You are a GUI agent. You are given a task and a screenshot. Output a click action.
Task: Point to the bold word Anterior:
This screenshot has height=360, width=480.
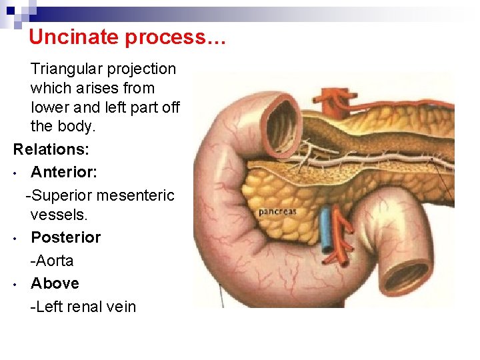coord(64,172)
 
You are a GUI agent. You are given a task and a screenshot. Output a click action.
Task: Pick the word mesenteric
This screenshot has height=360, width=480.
coord(135,195)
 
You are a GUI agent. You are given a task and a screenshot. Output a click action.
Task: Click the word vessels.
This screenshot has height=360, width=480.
coord(59,215)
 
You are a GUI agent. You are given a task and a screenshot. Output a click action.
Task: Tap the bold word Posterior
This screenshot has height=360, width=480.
coord(66,237)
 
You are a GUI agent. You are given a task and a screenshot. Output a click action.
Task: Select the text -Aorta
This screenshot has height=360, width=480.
coord(52,261)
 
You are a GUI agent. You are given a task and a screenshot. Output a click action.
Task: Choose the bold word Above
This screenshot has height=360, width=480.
coord(55,283)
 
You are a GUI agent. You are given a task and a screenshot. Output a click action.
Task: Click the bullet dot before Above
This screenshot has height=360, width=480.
coord(15,285)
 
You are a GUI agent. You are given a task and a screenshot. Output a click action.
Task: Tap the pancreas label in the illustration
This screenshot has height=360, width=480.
coord(277,212)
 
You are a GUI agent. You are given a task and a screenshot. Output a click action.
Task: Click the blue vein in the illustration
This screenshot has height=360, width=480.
coord(326,230)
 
